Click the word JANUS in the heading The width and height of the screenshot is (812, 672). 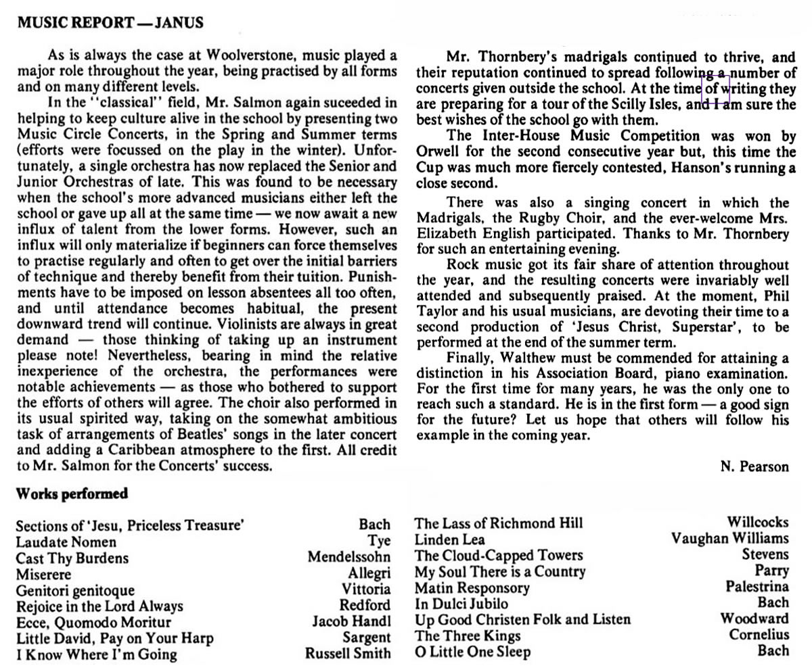coord(179,23)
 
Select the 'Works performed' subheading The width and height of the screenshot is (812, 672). coord(72,494)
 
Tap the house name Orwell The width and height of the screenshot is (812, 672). coord(441,152)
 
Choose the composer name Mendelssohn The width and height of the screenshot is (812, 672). coord(349,558)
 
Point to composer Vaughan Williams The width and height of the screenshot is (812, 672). coord(730,539)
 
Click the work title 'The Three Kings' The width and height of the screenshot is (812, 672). coord(468,635)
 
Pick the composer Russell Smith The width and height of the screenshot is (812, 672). coord(348,653)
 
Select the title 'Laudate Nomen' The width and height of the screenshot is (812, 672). coord(66,542)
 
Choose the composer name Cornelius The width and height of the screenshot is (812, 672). coord(759,635)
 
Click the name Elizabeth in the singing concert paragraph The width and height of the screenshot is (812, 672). coord(449,235)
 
